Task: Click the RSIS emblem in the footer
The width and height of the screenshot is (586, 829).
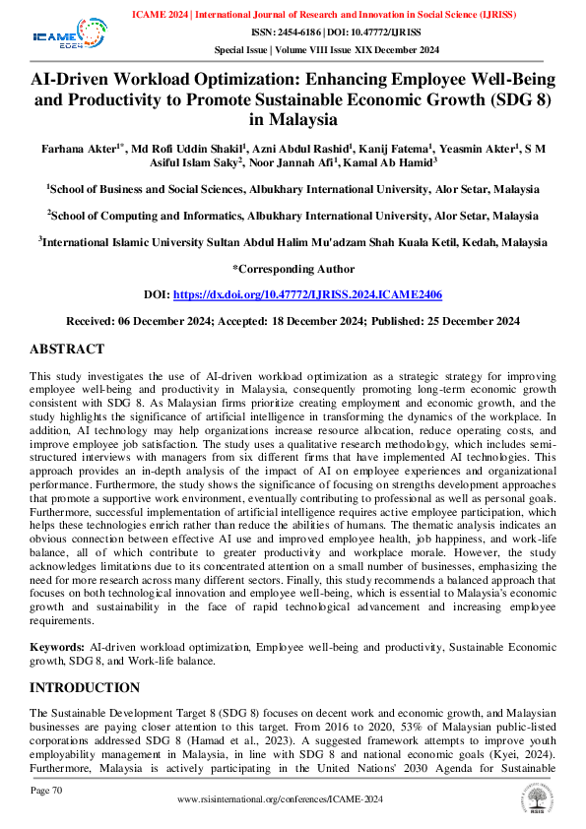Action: (538, 798)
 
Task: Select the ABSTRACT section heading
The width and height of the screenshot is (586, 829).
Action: (66, 350)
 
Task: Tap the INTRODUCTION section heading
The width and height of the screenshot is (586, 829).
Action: (85, 686)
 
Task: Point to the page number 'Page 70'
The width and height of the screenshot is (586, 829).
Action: (46, 790)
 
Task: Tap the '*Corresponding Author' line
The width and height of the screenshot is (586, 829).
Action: (293, 269)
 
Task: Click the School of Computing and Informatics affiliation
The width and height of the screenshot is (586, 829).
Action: (293, 213)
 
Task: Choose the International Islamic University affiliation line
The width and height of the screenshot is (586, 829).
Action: (293, 240)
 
